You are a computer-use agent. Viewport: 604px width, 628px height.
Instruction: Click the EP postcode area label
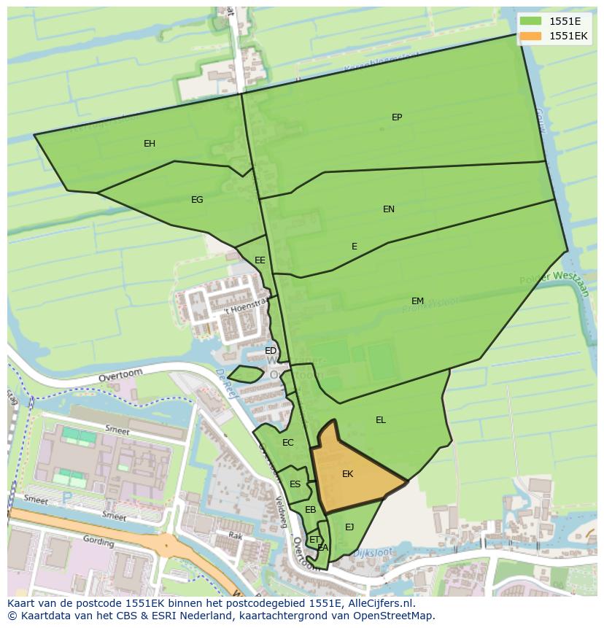[x=397, y=117]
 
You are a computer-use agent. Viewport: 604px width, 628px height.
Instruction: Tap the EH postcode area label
[x=150, y=144]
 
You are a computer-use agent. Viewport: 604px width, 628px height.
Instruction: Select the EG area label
[x=197, y=200]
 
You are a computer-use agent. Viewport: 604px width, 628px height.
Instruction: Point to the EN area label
[x=389, y=209]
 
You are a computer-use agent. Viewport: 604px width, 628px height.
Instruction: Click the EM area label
[x=417, y=301]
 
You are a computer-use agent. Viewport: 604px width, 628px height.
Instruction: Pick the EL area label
[x=381, y=420]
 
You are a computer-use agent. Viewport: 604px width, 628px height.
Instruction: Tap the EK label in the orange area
[x=347, y=474]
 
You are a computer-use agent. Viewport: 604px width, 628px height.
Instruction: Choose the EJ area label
[x=349, y=527]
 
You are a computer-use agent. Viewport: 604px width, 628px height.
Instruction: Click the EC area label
[x=287, y=443]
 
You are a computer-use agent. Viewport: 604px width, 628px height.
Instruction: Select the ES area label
[x=295, y=484]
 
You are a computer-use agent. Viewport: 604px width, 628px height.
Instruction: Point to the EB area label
[x=310, y=510]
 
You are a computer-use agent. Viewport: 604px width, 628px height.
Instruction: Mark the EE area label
[x=260, y=260]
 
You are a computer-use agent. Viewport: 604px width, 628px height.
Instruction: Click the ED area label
[x=271, y=351]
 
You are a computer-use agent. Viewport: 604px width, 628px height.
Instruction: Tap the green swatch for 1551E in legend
[x=530, y=21]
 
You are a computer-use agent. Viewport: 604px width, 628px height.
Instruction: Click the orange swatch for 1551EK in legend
[x=530, y=36]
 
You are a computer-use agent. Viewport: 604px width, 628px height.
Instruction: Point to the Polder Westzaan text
[x=554, y=279]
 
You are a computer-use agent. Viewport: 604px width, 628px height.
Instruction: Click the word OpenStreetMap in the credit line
[x=398, y=616]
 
